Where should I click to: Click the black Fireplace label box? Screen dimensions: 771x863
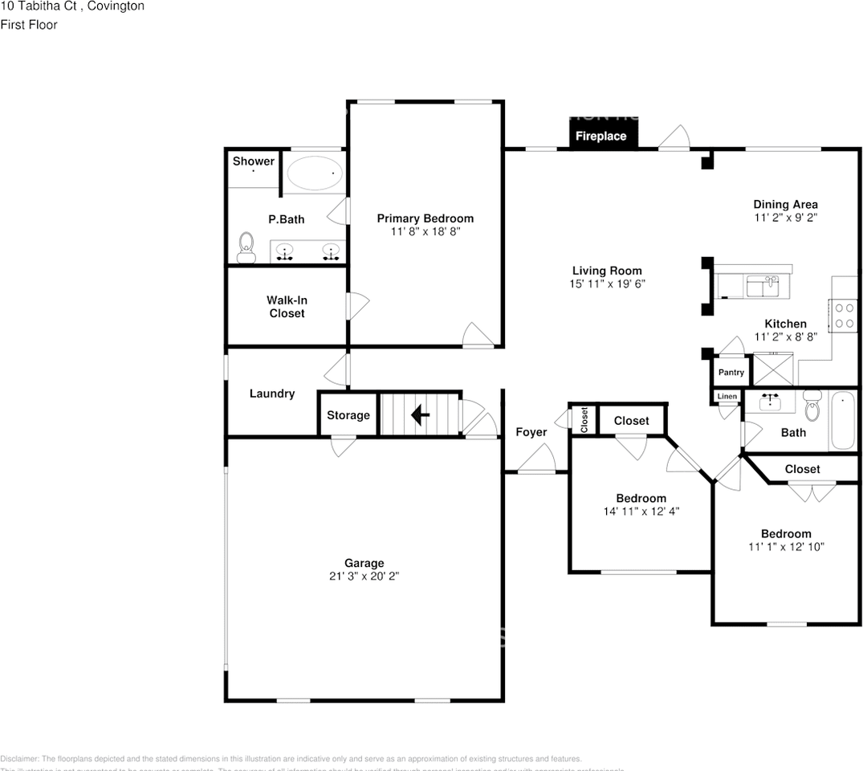pos(600,135)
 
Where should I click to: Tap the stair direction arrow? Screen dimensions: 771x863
pos(419,414)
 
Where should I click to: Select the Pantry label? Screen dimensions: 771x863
pos(731,373)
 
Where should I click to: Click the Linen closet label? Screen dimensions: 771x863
pos(727,397)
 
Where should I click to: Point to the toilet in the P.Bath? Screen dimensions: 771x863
pos(246,247)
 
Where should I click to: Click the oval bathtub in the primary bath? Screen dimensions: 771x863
pos(314,173)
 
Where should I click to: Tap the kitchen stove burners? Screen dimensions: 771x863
pos(845,315)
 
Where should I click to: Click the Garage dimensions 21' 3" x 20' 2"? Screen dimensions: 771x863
pos(364,577)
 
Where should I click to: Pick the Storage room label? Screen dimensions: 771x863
pos(348,415)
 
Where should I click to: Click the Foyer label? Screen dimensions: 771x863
pos(531,432)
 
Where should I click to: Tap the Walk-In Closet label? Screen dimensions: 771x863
pos(287,307)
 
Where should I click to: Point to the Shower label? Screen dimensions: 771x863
pos(253,161)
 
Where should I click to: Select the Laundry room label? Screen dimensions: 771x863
pos(271,394)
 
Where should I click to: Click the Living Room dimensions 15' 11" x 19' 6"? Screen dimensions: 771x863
pos(607,284)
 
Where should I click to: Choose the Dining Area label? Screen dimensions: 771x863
pos(785,204)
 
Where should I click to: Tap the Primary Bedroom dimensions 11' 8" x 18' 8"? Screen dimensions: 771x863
pos(425,231)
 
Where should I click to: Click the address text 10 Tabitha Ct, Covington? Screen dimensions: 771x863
pos(72,6)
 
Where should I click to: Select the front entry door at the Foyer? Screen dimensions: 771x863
pos(535,462)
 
